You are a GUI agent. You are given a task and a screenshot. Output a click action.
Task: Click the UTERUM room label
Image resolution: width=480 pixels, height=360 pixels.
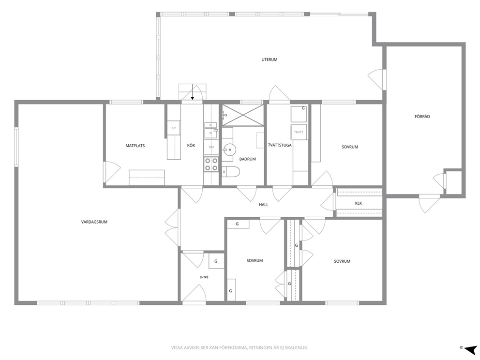click(270, 60)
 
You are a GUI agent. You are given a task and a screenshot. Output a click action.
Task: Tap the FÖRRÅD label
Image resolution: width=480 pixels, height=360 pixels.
click(422, 116)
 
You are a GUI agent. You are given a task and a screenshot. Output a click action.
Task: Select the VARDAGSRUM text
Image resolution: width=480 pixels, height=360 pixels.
click(94, 222)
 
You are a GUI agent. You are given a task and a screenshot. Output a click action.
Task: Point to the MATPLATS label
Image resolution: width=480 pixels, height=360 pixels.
click(135, 146)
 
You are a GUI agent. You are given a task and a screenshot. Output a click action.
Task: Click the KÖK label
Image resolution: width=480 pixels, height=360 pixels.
click(191, 146)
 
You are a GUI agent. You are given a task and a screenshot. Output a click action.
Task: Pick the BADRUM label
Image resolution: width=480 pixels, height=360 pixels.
click(247, 159)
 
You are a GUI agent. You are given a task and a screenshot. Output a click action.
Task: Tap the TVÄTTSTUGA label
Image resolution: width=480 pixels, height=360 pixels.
click(280, 145)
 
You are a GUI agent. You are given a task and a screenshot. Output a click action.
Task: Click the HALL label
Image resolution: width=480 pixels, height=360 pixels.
click(264, 205)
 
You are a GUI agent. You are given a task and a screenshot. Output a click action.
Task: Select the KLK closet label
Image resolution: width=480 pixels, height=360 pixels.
click(359, 203)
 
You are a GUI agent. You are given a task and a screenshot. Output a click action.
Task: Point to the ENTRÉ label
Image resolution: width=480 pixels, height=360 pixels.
click(204, 277)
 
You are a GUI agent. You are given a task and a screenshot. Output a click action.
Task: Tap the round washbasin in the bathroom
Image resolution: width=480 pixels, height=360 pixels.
click(229, 150)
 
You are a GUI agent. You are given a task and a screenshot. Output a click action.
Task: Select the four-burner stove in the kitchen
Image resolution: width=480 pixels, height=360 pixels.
click(211, 164)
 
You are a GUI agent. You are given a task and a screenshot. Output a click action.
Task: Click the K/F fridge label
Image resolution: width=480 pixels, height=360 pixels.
click(174, 128)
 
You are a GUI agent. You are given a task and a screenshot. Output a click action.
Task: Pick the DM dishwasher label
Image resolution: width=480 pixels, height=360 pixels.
click(211, 147)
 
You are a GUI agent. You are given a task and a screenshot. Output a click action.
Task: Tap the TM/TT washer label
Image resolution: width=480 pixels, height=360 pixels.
click(299, 132)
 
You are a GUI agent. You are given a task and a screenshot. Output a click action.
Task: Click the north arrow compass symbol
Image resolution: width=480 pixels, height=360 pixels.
click(469, 349)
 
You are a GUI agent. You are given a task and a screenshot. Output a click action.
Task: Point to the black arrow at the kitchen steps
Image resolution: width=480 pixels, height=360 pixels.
click(192, 92)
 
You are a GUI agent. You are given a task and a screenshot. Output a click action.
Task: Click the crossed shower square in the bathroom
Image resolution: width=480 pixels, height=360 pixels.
click(243, 115)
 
